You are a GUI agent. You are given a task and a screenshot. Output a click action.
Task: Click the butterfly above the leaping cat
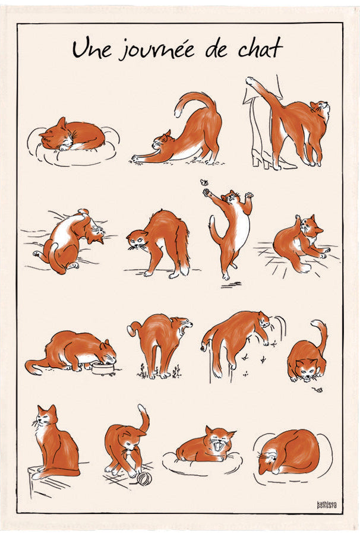[207, 184]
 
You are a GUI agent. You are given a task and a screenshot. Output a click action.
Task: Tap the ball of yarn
[144, 478]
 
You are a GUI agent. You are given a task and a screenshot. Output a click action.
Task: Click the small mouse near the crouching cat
[318, 390]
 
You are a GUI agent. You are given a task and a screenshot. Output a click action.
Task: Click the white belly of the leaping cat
[240, 228]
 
